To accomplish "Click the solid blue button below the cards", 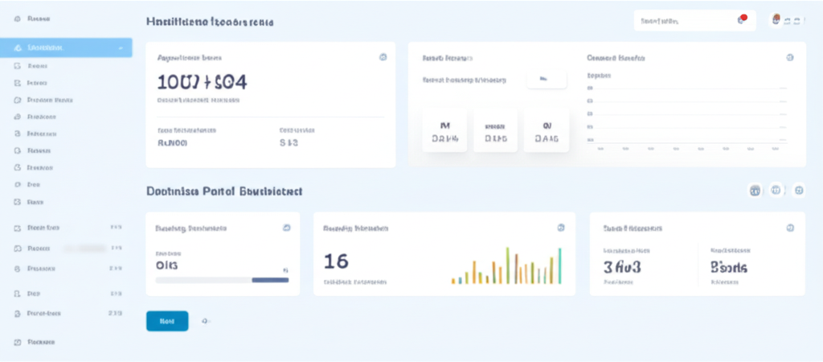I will [167, 321].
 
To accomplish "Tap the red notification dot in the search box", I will [743, 18].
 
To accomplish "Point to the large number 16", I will [335, 261].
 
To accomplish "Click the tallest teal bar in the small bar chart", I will [559, 265].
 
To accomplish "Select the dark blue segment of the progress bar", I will [270, 280].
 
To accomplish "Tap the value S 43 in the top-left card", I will [289, 143].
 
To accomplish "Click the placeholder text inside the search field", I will [661, 21].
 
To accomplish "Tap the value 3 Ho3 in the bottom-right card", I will [622, 267].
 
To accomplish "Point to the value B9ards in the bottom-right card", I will [729, 267].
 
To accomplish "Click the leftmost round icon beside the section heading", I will [755, 191].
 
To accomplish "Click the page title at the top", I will [210, 23].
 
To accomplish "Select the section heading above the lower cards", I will [224, 191].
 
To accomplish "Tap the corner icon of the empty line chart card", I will [789, 58].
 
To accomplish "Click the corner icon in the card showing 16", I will [560, 228].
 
